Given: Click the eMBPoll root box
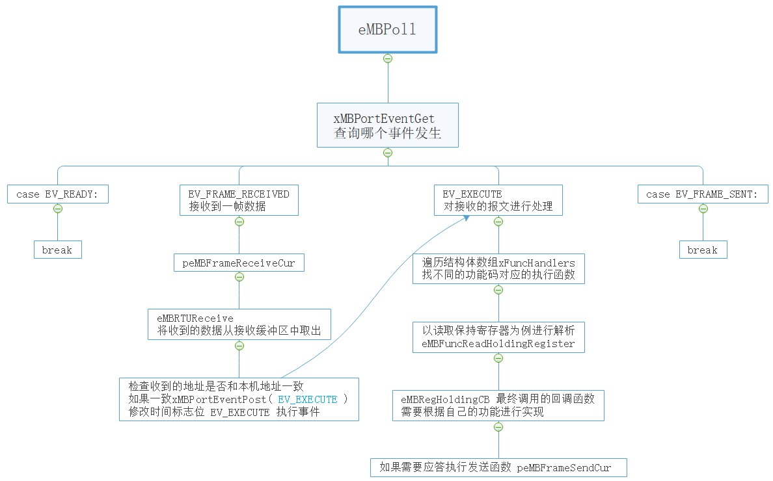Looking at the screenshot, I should [x=387, y=30].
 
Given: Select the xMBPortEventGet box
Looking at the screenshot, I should [x=387, y=125].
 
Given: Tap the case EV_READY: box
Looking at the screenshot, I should [x=58, y=194].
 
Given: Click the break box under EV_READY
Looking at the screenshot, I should [x=58, y=250].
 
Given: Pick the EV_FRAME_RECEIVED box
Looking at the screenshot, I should [x=239, y=200].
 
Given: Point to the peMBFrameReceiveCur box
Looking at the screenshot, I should [x=239, y=263].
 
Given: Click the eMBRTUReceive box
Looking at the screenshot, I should [x=239, y=324].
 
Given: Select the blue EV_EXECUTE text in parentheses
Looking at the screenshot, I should [x=307, y=400].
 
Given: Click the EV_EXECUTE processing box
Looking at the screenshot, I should [x=498, y=200].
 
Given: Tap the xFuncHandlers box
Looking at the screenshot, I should [x=498, y=268].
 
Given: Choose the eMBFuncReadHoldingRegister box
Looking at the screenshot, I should [x=498, y=337].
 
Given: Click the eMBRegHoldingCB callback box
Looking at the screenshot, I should [x=498, y=406].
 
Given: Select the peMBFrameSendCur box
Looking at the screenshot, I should [x=498, y=468].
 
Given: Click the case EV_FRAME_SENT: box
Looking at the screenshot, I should [x=703, y=194].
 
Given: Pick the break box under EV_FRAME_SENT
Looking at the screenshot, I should [x=703, y=250].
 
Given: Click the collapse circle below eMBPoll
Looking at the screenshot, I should [x=388, y=58].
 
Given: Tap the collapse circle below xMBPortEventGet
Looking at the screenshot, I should [x=388, y=153].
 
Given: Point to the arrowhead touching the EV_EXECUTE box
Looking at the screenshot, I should [x=467, y=218].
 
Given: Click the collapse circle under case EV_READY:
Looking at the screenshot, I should [x=58, y=209].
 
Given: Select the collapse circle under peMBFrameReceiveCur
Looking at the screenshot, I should [x=239, y=277].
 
